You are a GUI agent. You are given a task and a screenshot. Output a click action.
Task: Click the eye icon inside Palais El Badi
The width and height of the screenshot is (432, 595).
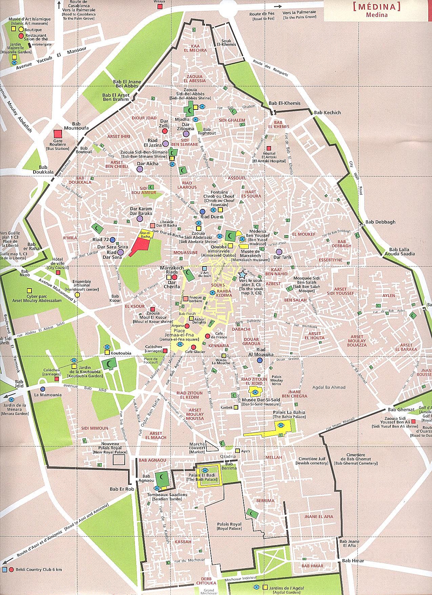click(x=205, y=470)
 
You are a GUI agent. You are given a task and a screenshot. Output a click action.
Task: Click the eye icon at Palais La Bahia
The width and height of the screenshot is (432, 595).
click(x=281, y=425)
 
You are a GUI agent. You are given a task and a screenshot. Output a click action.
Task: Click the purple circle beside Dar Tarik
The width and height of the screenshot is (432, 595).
click(x=279, y=252)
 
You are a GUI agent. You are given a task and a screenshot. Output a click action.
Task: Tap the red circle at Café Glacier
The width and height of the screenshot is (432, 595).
click(x=193, y=347)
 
